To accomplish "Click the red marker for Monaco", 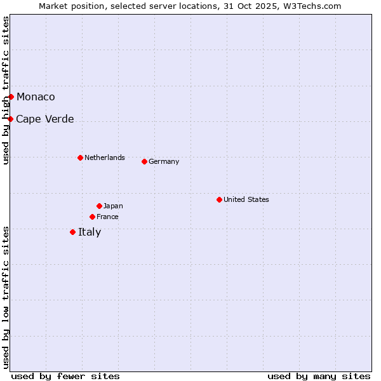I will (x=11, y=97).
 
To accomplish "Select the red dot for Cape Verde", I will (x=10, y=119).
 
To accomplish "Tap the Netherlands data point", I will (x=80, y=157).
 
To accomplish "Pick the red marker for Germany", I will (x=144, y=161).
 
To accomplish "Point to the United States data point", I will (x=219, y=199).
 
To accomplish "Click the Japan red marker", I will (x=99, y=206).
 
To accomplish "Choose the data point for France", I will (x=92, y=217).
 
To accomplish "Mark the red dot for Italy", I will (x=72, y=232).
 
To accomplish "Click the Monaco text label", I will (x=36, y=97).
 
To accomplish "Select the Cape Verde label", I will (x=44, y=119).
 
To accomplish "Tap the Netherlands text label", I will (x=105, y=157).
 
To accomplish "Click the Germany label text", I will (x=164, y=161).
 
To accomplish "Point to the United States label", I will (x=246, y=199).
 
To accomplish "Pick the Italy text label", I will (x=90, y=232).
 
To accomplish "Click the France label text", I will (x=107, y=217).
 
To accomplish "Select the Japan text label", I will (x=113, y=206).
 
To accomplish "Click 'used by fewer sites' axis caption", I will (x=65, y=376).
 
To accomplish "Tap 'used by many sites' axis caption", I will (x=319, y=376).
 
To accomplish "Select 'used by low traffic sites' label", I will (x=6, y=297).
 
